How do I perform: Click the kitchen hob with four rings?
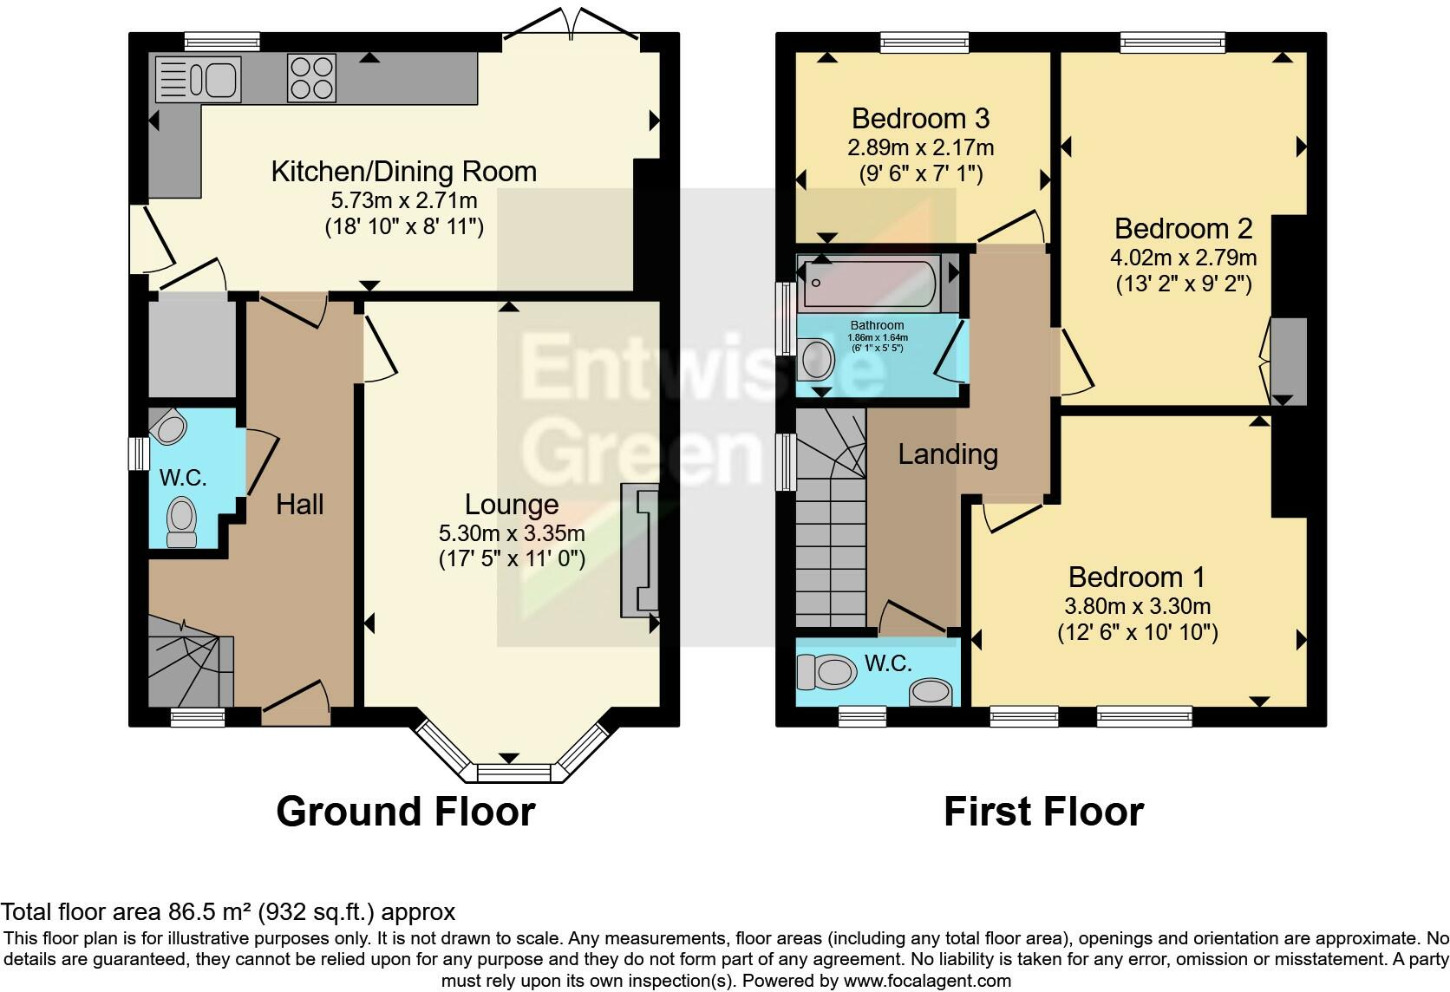(311, 78)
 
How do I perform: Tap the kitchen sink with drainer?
(198, 79)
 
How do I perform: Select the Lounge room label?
(512, 504)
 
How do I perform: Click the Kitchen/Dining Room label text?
(404, 172)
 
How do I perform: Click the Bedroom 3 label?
(920, 119)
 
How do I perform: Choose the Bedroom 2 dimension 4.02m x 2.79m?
(1183, 258)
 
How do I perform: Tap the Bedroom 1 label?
(1137, 577)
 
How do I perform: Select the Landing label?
(948, 454)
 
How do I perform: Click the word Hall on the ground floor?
(300, 504)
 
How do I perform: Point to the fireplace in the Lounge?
(639, 550)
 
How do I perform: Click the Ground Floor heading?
(406, 812)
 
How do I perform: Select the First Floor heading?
(1044, 812)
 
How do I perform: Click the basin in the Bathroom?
(815, 358)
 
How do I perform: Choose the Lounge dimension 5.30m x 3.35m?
(512, 533)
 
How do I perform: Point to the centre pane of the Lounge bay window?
(514, 773)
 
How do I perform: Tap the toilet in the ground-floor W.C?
(181, 522)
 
